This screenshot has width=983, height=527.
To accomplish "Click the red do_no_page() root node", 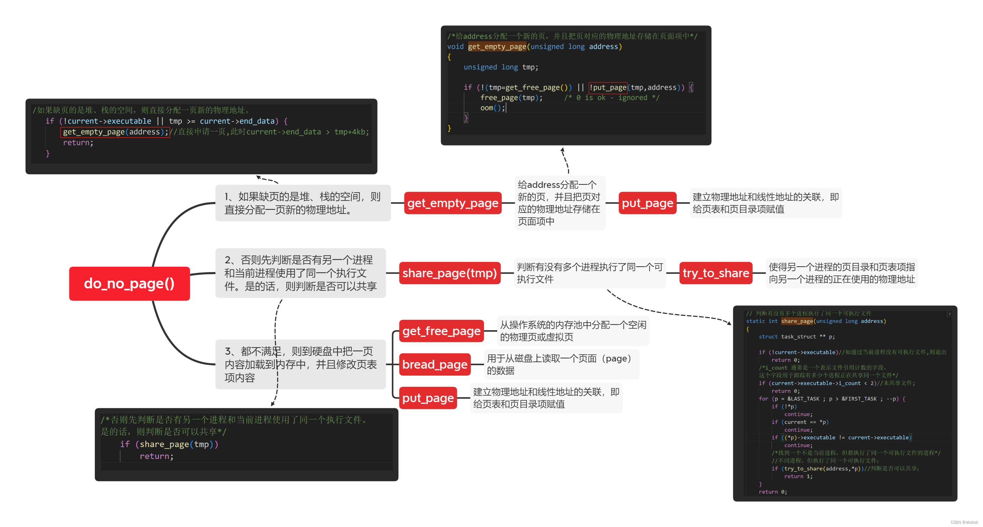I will click(129, 284).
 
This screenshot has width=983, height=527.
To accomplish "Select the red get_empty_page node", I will click(453, 203).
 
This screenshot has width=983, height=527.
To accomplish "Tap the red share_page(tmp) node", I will click(450, 273).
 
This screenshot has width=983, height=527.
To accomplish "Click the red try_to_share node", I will click(716, 273).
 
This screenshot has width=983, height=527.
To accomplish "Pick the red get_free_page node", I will click(441, 331).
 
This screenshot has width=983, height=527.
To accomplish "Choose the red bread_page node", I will click(435, 365).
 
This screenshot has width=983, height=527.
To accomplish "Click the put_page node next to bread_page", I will click(428, 398).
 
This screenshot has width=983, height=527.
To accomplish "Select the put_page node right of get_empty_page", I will click(647, 203).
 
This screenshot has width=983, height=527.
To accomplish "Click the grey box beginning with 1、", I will click(303, 203).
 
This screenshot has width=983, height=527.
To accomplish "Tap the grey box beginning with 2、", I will click(300, 273).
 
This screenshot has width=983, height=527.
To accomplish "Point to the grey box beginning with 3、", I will click(300, 365).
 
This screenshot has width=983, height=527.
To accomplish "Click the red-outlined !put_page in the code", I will click(608, 88).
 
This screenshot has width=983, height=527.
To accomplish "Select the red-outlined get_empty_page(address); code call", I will click(114, 132).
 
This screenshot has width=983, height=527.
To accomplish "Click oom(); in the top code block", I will click(492, 108).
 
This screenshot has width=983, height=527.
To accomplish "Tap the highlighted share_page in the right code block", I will click(797, 321).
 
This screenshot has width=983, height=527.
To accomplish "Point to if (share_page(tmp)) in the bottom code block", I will click(169, 444).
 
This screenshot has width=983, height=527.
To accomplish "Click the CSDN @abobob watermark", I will click(964, 522).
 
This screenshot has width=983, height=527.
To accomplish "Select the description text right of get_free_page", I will click(573, 331).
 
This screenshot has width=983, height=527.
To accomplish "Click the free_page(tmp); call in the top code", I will click(511, 98).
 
